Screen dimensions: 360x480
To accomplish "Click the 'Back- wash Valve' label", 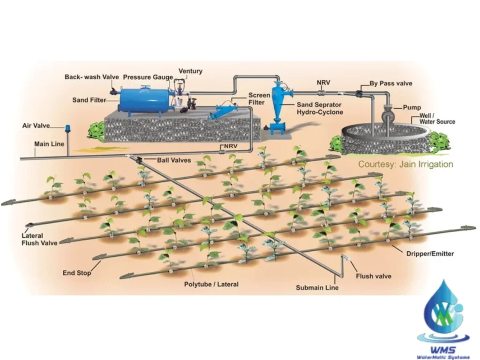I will point(91,76).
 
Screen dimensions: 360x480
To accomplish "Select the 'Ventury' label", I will point(190,71).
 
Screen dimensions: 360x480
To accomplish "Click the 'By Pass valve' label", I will point(391,83).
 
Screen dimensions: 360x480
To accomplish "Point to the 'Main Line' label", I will point(49,144).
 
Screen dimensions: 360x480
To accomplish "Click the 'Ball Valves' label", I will point(174,160).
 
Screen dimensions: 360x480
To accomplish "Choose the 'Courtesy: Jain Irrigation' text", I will point(405,165).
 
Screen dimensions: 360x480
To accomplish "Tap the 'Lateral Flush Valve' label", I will point(39,239).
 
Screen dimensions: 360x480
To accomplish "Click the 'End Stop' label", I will point(77,273).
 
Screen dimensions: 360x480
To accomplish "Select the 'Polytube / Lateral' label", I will point(211,284).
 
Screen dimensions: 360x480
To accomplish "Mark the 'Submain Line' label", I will point(317,287).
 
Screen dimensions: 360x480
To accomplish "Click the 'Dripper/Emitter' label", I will point(430,254).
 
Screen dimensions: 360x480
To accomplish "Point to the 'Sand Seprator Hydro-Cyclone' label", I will point(320,108).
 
